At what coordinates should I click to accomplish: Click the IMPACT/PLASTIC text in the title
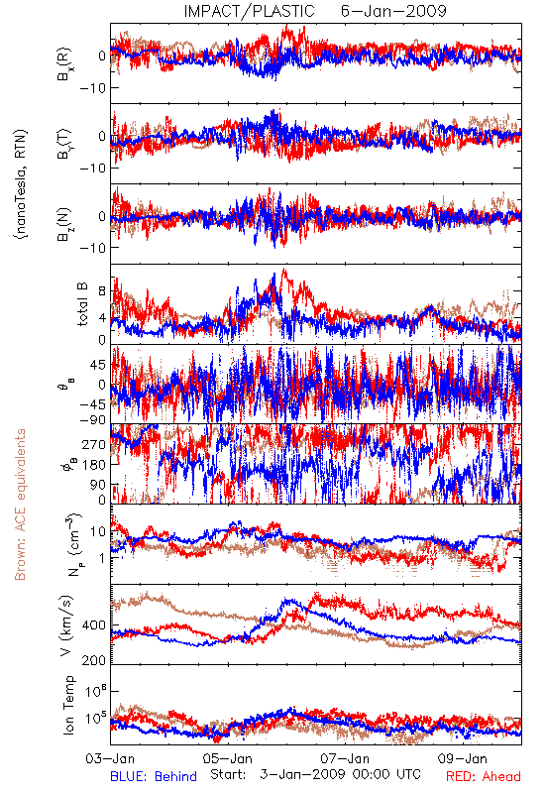point(249,11)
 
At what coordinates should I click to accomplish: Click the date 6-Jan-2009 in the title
point(393,11)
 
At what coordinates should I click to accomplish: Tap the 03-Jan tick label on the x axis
point(110,758)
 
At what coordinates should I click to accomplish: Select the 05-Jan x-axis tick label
point(228,758)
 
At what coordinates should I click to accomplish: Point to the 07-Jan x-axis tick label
point(345,758)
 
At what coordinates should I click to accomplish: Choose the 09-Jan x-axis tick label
point(462,758)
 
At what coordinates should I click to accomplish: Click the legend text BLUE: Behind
point(154,776)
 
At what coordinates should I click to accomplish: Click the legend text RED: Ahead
point(484,776)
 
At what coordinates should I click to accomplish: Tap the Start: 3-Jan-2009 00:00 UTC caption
point(315,774)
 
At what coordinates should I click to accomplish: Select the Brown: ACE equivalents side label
point(20,505)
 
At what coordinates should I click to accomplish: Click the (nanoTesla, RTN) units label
point(21,183)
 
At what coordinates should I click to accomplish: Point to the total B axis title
point(82,304)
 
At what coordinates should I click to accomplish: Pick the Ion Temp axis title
point(68,705)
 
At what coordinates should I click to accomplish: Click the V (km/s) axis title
point(66,626)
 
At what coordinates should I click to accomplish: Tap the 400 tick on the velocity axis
point(94,625)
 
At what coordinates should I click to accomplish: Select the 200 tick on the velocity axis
point(94,660)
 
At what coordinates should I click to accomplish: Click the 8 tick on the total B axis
point(102,291)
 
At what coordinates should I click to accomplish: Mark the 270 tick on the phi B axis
point(94,444)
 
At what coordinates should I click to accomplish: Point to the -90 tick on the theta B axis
point(92,419)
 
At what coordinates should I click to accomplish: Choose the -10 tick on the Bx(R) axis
point(92,88)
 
